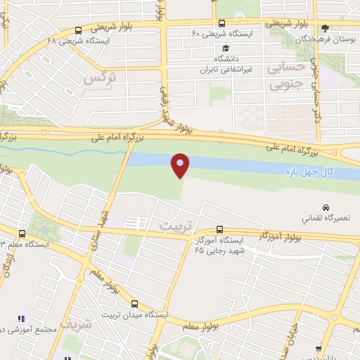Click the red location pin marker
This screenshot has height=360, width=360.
click(181, 165)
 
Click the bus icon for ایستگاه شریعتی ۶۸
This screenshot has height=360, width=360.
click(77, 30)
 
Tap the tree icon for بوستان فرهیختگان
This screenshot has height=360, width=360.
click(324, 29)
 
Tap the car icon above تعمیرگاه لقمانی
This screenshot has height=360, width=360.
click(325, 207)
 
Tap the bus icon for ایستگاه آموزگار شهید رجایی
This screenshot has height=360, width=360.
click(220, 229)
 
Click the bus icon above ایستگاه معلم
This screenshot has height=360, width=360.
click(22, 233)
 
